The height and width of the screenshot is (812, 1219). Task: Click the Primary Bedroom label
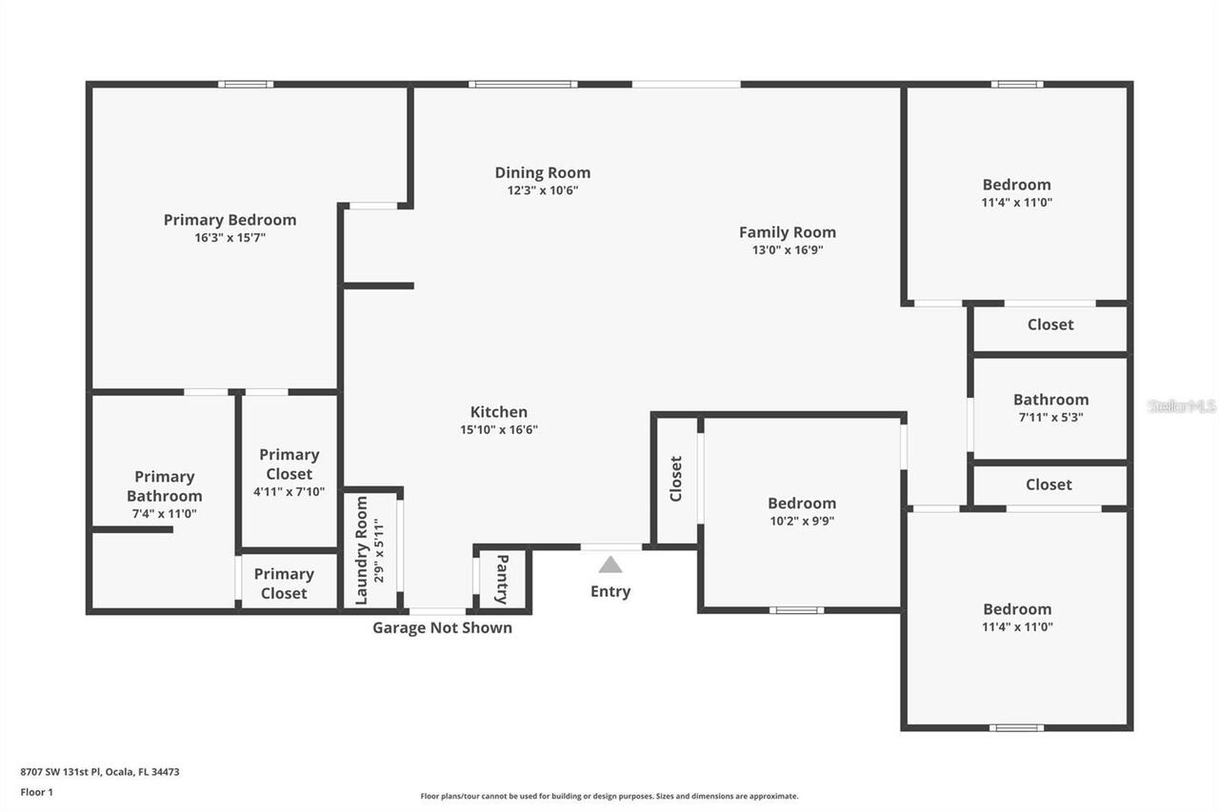point(230,220)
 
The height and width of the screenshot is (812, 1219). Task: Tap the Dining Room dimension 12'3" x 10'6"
point(542,190)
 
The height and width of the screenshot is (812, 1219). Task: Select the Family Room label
point(787,232)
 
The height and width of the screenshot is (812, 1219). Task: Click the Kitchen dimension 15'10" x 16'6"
point(498,430)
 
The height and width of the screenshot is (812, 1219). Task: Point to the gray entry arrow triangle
point(610,564)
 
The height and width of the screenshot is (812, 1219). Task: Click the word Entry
point(610,591)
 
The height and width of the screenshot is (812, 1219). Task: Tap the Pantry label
point(502,579)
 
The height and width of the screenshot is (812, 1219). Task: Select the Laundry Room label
point(362,563)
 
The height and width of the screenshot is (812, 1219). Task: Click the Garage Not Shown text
point(442,627)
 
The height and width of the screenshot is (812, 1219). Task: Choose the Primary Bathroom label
point(164,485)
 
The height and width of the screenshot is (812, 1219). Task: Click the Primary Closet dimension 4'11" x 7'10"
point(289,492)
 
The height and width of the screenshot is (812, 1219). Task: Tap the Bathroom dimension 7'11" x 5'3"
point(1049,417)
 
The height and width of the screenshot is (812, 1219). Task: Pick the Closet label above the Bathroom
point(1049,325)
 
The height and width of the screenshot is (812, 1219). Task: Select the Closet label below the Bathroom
point(1049,485)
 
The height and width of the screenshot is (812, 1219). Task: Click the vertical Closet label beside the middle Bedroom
point(676,479)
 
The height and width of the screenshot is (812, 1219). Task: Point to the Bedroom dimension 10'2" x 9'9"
point(802,522)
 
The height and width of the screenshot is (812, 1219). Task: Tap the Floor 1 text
point(37,792)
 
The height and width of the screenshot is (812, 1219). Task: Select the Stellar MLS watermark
point(1181,406)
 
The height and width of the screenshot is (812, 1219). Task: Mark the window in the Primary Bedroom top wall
point(246,85)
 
